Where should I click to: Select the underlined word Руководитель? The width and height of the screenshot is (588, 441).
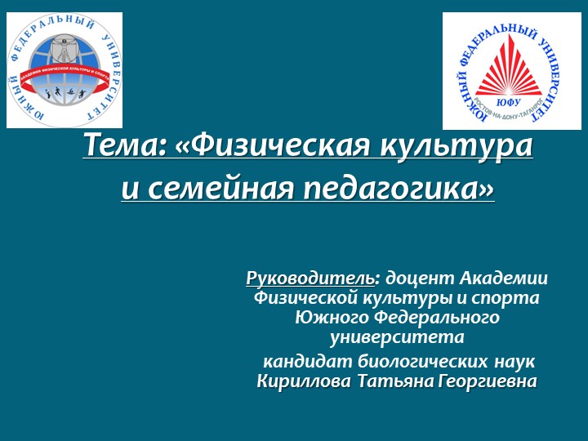(x=311, y=279)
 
